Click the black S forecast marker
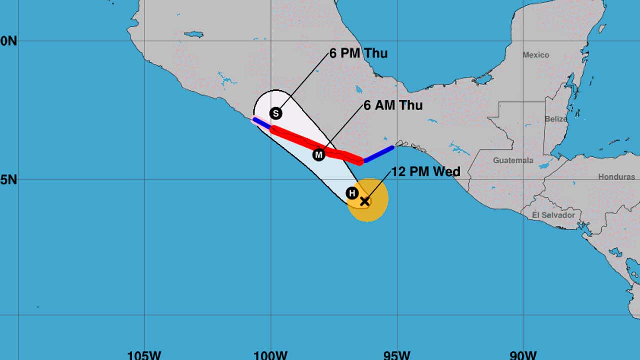(x=276, y=113)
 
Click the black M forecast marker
(x=319, y=155)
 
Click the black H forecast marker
(x=352, y=193)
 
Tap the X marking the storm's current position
(x=365, y=201)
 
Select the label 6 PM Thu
(x=358, y=54)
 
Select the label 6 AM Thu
(x=393, y=105)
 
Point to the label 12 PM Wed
(x=426, y=172)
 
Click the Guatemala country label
(x=513, y=161)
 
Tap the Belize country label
(x=556, y=119)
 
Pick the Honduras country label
(x=616, y=177)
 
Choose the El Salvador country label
(x=553, y=215)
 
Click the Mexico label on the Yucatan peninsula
(x=536, y=55)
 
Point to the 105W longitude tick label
(x=144, y=355)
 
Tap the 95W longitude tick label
(x=397, y=355)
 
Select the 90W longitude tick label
(x=523, y=355)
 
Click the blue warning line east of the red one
(x=379, y=154)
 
